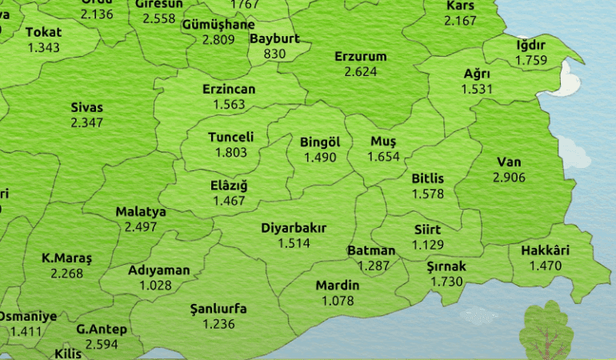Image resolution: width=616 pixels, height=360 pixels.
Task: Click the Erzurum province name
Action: click(360, 57)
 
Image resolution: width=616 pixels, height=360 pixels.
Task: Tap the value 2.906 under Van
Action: click(509, 177)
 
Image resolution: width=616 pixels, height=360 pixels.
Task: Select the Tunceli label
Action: click(230, 138)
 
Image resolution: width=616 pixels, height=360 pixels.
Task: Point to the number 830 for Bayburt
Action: click(274, 53)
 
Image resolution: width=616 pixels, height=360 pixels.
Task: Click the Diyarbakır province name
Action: click(294, 228)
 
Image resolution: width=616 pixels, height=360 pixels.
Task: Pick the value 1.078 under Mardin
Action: click(337, 300)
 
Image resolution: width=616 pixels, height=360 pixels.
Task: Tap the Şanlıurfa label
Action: click(218, 309)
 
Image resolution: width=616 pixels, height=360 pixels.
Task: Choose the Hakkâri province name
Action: click(545, 250)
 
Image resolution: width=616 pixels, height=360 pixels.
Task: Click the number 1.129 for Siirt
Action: click(427, 245)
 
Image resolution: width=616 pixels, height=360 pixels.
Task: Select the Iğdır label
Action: click(530, 44)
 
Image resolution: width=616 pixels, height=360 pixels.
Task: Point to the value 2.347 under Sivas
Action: click(86, 122)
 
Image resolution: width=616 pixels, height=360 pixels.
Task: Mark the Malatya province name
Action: click(141, 212)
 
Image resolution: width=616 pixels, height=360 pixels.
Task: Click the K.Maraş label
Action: click(67, 258)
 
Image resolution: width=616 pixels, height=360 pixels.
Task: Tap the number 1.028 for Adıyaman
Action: click(155, 285)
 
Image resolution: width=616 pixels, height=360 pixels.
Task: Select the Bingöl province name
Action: click(320, 142)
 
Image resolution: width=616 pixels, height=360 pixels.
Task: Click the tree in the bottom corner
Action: click(546, 330)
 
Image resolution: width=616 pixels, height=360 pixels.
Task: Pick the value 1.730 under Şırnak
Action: click(446, 282)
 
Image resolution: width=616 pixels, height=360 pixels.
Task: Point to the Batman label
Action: click(371, 251)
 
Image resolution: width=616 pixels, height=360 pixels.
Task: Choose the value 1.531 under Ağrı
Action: click(477, 89)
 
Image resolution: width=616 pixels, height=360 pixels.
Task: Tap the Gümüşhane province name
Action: click(218, 24)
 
